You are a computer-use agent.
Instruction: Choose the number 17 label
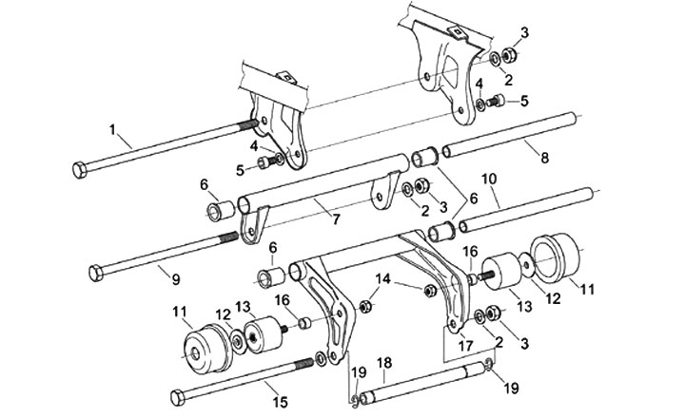(x=463, y=348)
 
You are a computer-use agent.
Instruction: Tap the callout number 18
(x=383, y=363)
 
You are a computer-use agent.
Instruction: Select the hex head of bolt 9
(x=95, y=274)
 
